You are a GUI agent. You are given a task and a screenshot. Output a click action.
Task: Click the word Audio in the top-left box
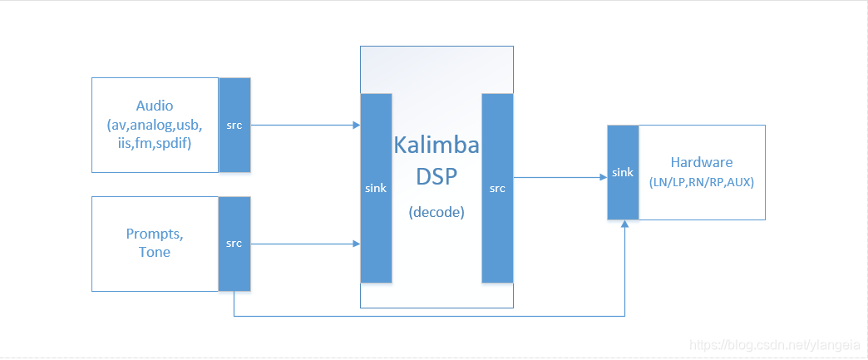point(155,106)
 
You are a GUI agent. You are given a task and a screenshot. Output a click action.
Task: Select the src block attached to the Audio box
point(234,126)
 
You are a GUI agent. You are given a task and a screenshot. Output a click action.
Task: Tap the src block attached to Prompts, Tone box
point(234,244)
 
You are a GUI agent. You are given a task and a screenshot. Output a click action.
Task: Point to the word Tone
point(155,252)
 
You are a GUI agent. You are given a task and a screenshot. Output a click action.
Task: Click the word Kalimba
point(436,146)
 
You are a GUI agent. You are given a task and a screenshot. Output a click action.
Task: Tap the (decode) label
point(436,212)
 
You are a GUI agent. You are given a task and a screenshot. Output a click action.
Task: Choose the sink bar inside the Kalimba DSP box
point(376,188)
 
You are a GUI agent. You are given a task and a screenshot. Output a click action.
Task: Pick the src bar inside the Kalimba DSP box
point(497,188)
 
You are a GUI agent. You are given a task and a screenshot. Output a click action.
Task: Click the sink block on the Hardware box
point(623,172)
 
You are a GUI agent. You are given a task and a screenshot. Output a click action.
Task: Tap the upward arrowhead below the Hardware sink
point(624,226)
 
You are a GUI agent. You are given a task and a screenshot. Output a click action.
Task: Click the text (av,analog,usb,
point(155,124)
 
